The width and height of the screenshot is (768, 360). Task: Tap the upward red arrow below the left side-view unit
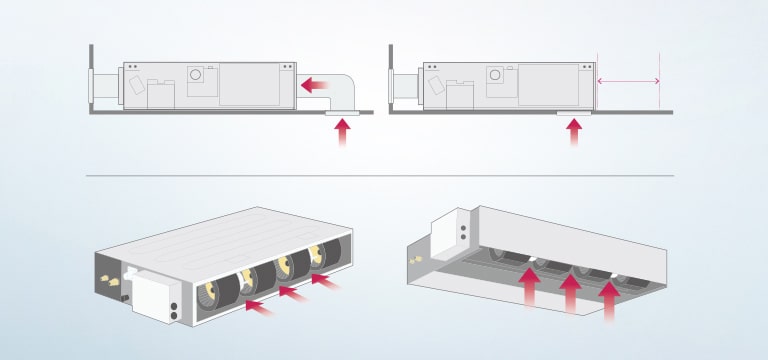coord(343,134)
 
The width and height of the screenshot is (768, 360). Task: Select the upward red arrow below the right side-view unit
coord(574,134)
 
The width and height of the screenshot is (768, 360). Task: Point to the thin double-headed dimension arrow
coord(628,81)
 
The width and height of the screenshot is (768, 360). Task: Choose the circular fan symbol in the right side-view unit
coord(495,74)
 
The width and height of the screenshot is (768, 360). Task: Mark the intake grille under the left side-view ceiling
coord(343,115)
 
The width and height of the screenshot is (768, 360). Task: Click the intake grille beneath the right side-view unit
coord(574,115)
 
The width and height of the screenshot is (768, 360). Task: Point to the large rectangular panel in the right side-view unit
coord(546,85)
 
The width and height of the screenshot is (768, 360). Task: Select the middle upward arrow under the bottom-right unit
coord(570,294)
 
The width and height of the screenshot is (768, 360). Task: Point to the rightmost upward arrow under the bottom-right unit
coord(609,300)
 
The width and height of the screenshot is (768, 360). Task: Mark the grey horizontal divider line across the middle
coord(380,176)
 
